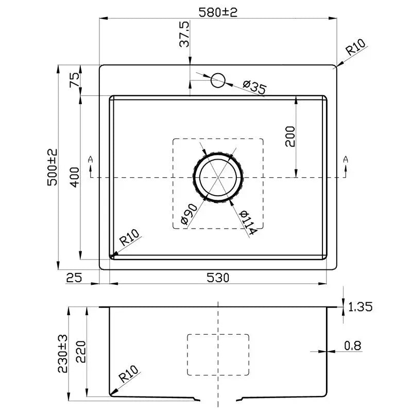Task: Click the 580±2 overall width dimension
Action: click(218, 11)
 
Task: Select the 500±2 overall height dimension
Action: click(52, 168)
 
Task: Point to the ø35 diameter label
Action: click(253, 87)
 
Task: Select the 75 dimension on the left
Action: click(74, 80)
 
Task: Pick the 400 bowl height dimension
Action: click(74, 178)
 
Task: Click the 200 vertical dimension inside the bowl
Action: click(290, 136)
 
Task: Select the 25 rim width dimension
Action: click(75, 278)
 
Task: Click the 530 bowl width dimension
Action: click(218, 278)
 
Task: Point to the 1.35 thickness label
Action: click(360, 307)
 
